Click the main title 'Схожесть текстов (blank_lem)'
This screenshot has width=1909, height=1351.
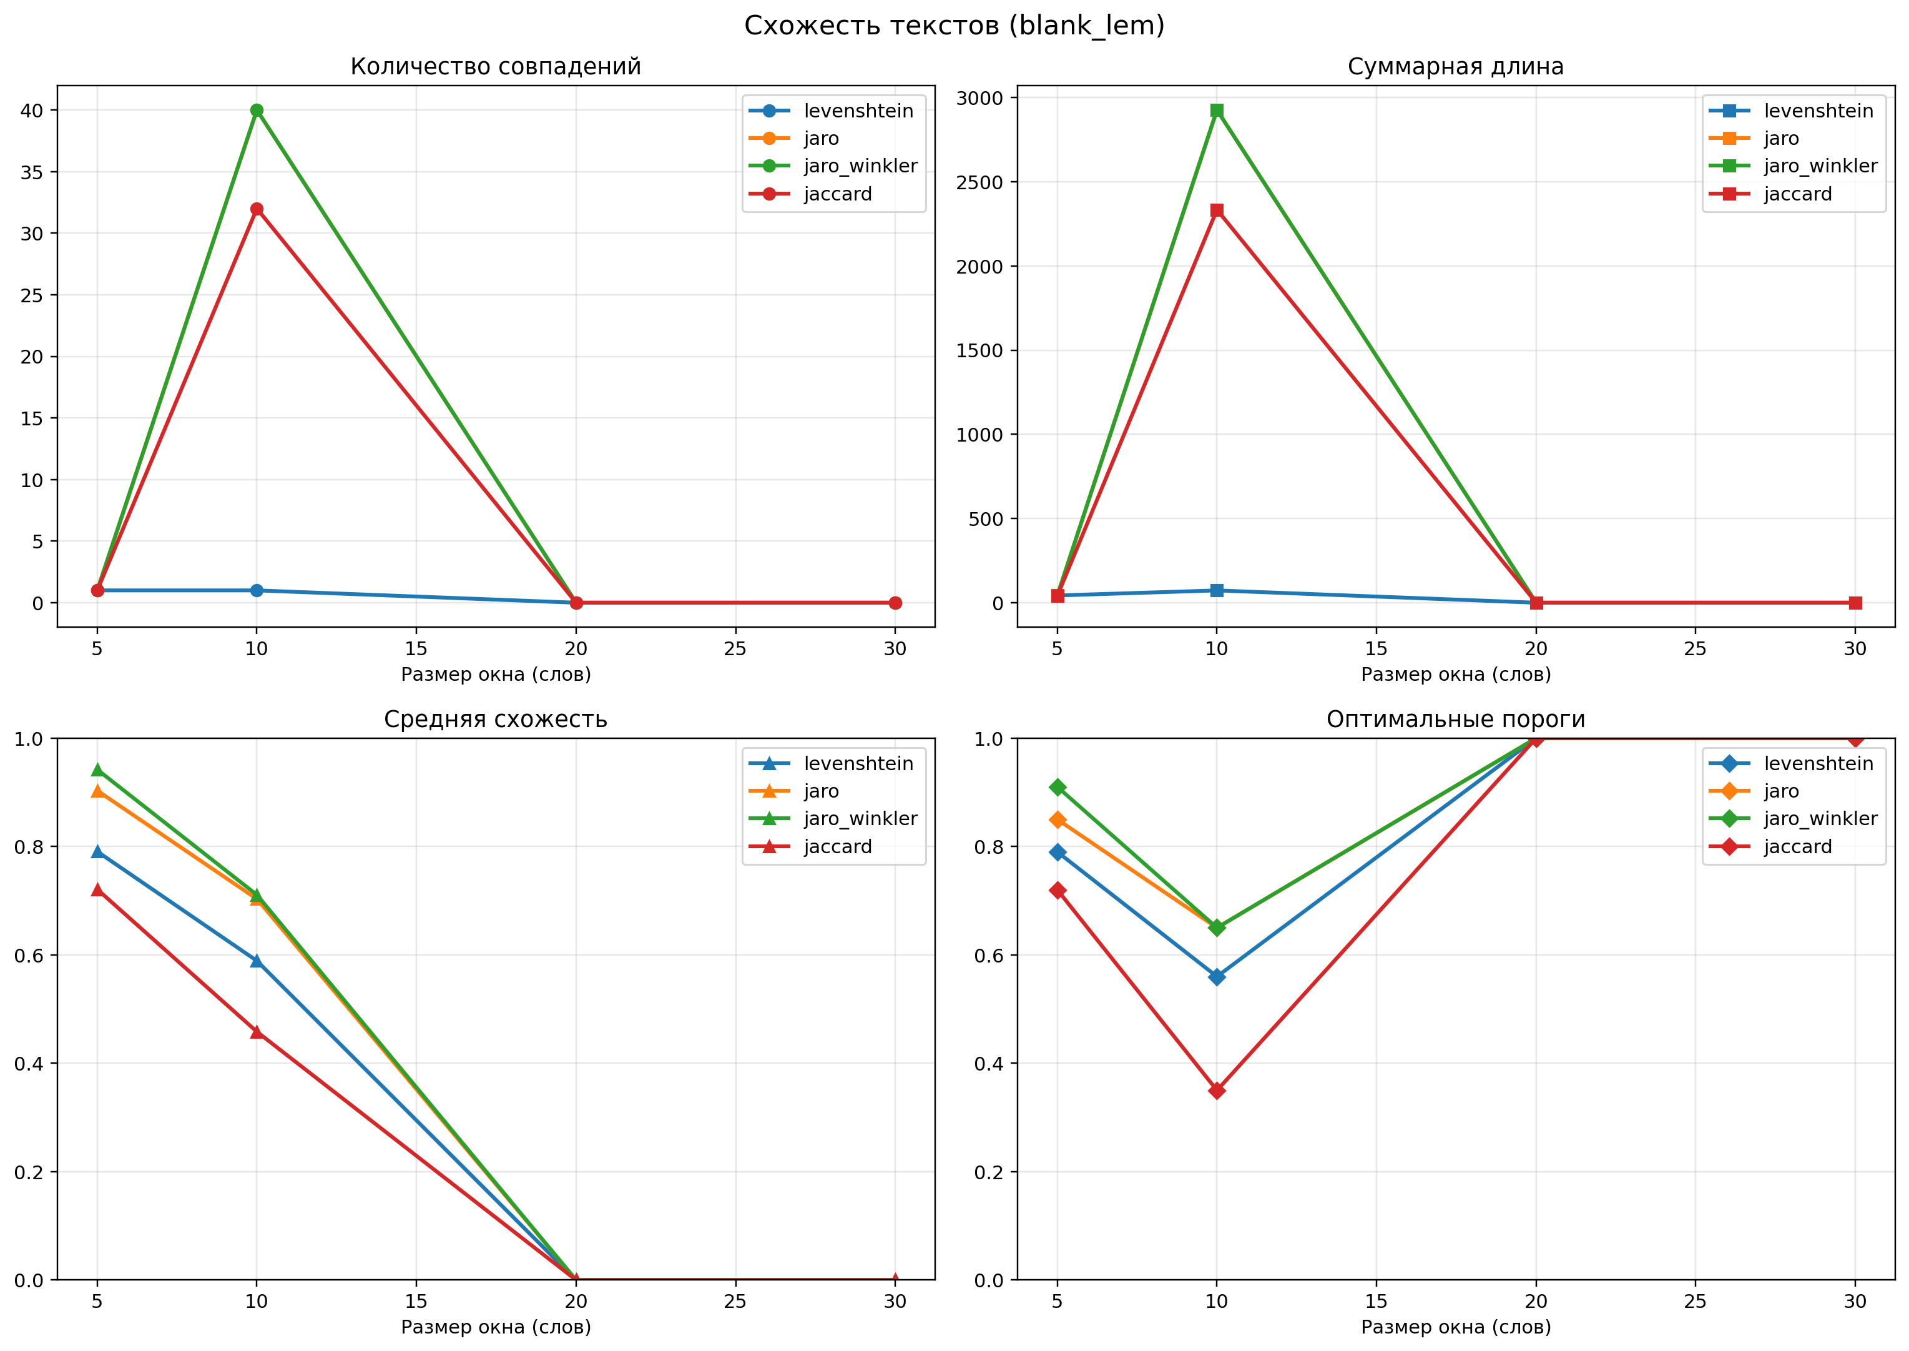pos(954,26)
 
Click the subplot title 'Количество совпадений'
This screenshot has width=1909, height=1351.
pos(496,67)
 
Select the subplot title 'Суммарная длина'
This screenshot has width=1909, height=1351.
pos(1456,67)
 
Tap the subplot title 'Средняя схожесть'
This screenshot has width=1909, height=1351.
pos(496,719)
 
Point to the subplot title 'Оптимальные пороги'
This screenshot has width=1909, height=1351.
pos(1456,719)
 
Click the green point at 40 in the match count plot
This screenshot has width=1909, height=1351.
pos(257,111)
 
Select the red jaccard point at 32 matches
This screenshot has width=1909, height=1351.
pos(257,209)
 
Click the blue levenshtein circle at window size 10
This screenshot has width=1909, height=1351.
pos(257,591)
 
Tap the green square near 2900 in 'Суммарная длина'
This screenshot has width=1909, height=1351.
pos(1217,111)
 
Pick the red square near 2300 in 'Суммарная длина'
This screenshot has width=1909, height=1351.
pos(1217,210)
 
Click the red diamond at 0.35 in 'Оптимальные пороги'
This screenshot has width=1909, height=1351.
pos(1217,1091)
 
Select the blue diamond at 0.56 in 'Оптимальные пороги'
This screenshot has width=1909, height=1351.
pos(1217,977)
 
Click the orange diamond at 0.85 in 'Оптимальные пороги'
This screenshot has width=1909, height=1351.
pos(1058,819)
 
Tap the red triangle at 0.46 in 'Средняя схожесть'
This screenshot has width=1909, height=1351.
pos(257,1032)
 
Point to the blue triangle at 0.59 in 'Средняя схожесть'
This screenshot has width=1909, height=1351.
pos(257,961)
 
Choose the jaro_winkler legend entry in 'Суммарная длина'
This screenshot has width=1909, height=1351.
pos(1794,166)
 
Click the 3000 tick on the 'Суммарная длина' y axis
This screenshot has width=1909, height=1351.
pos(980,98)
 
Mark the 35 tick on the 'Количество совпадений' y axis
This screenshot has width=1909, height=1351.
pos(32,172)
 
